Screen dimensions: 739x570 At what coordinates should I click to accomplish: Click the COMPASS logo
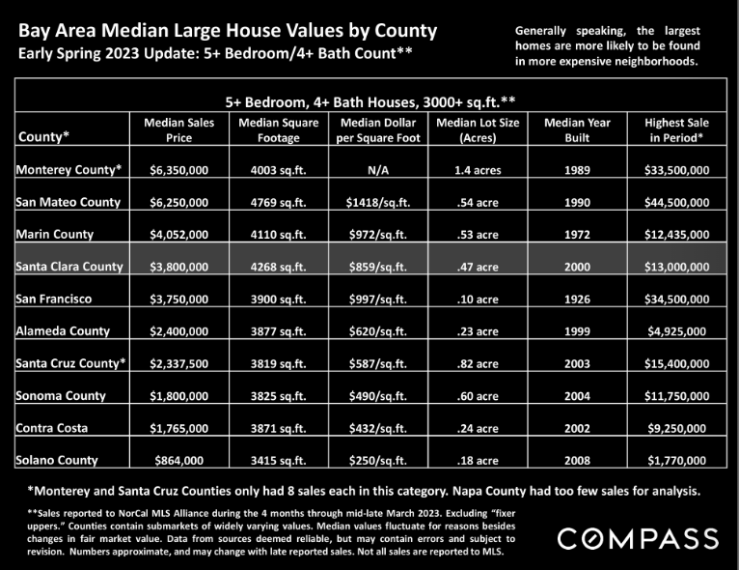click(x=638, y=539)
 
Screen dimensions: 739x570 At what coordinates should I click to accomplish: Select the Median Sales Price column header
click(x=179, y=129)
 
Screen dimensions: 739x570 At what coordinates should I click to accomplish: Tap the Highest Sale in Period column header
click(x=676, y=129)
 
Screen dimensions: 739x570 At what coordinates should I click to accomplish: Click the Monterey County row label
click(x=68, y=169)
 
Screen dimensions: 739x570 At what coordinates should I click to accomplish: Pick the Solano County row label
click(x=57, y=460)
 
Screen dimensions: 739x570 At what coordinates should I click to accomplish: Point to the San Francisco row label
click(x=54, y=299)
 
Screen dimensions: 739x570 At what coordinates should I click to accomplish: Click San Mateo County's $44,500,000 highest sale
click(x=676, y=203)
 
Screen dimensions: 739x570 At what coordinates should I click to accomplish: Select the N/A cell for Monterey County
click(x=378, y=170)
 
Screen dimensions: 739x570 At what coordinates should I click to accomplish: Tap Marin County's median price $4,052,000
click(x=179, y=235)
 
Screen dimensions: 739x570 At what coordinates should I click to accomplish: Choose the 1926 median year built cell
click(x=577, y=299)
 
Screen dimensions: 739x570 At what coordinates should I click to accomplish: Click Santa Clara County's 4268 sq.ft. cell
click(x=278, y=267)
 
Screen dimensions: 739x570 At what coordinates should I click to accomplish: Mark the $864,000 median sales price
click(x=179, y=461)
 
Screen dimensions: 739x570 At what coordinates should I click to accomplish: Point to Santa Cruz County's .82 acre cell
click(x=478, y=364)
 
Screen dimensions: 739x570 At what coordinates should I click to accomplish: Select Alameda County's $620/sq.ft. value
click(x=378, y=331)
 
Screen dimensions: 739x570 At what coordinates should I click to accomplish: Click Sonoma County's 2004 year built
click(x=577, y=396)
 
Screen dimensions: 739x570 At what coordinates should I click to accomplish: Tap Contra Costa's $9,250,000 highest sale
click(x=676, y=428)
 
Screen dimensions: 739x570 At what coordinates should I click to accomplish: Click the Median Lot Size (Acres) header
click(x=478, y=129)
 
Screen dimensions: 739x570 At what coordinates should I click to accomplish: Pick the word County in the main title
click(x=405, y=31)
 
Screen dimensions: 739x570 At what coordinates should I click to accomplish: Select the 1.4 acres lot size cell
click(x=478, y=170)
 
